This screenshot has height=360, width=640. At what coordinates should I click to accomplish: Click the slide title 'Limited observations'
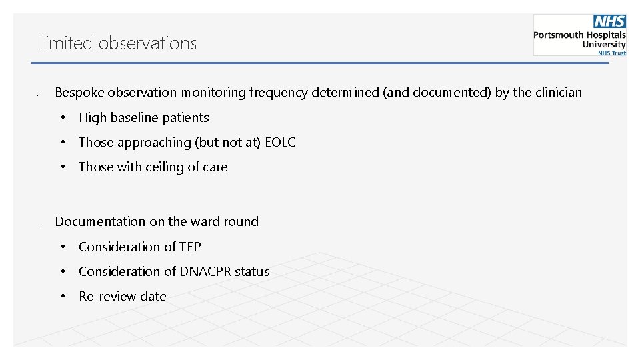[117, 43]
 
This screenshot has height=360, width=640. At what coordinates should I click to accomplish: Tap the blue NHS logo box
[610, 21]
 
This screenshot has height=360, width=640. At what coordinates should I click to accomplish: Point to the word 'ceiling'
[166, 167]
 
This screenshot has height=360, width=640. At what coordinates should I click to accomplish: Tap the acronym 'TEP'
[190, 247]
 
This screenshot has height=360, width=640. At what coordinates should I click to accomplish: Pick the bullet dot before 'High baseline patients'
[61, 118]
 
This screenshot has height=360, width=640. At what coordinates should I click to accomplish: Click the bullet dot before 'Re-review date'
[61, 297]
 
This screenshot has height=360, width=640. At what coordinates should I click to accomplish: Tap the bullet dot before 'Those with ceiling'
[61, 167]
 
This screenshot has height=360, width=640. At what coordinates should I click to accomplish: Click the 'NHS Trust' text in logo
[611, 53]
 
